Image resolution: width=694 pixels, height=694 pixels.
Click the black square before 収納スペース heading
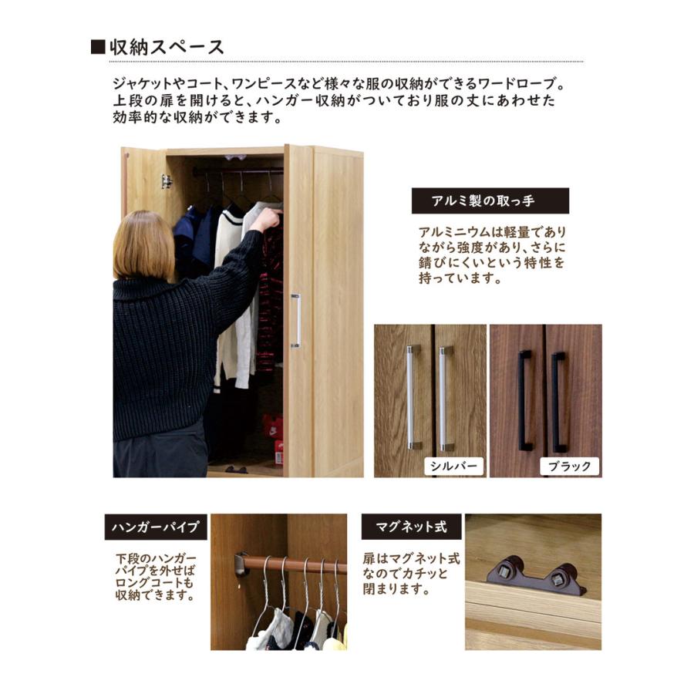pyautogui.click(x=98, y=47)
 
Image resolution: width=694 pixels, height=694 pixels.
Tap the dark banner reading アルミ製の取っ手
pyautogui.click(x=490, y=200)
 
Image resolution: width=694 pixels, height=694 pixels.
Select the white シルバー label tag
pyautogui.click(x=453, y=465)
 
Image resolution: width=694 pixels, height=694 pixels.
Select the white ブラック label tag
pyautogui.click(x=570, y=465)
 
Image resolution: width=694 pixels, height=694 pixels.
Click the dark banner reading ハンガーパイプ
pyautogui.click(x=156, y=527)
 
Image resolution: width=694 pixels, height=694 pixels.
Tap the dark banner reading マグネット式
pyautogui.click(x=411, y=527)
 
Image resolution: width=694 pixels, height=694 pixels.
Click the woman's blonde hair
pyautogui.click(x=144, y=245)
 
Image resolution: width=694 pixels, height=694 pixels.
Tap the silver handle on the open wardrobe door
pyautogui.click(x=295, y=320)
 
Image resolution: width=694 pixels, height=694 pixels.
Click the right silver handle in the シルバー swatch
pyautogui.click(x=443, y=396)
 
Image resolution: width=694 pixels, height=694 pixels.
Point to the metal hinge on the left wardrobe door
pyautogui.click(x=166, y=181)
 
